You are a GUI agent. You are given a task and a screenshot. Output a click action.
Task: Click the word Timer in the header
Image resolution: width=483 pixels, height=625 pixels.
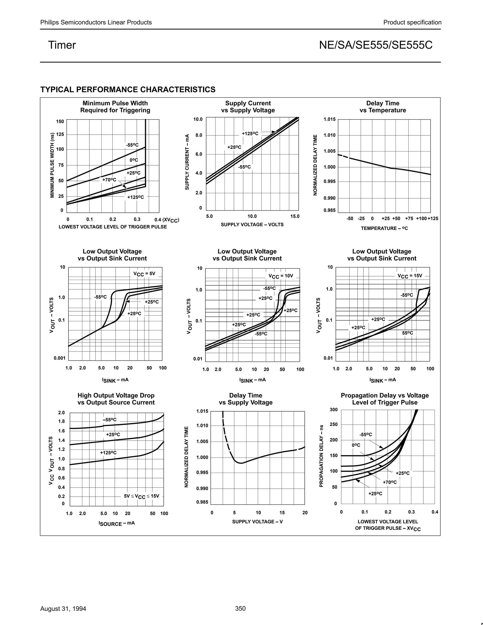[x=62, y=45]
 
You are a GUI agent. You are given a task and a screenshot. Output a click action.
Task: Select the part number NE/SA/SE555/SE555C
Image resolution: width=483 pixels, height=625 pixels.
[x=376, y=45]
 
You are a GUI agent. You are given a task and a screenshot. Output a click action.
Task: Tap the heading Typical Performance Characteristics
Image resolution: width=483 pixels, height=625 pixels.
[x=128, y=90]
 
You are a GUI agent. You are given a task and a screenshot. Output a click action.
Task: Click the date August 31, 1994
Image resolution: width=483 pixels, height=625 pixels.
[x=63, y=608]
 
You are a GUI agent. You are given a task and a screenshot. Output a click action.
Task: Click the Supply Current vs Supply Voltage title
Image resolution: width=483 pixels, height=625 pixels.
[x=248, y=107]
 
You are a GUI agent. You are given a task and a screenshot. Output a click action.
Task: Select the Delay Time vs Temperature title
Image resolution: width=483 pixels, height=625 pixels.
[x=383, y=107]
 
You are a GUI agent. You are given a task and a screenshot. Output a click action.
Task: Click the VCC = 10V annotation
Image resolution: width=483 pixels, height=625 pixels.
[x=281, y=276]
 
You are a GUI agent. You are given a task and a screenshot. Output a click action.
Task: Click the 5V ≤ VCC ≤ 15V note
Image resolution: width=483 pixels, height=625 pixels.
[x=142, y=496]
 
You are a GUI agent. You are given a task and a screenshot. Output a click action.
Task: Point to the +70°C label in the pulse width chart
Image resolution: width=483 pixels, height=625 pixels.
[x=109, y=180]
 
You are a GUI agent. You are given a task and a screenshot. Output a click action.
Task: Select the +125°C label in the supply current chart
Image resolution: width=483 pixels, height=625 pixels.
[x=250, y=133]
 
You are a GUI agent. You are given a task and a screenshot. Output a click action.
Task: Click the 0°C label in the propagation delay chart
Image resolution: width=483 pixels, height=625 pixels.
[x=356, y=445]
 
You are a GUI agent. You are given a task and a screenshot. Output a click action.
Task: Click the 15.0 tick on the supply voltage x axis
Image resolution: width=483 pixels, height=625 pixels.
[x=295, y=216]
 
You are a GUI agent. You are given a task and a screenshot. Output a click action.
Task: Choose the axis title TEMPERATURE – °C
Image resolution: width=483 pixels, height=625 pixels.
[x=384, y=228]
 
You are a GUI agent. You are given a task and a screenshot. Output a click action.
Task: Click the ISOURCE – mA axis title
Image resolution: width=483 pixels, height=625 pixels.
[x=117, y=523]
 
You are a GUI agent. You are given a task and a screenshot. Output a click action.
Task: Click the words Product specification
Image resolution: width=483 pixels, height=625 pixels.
[x=412, y=22]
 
